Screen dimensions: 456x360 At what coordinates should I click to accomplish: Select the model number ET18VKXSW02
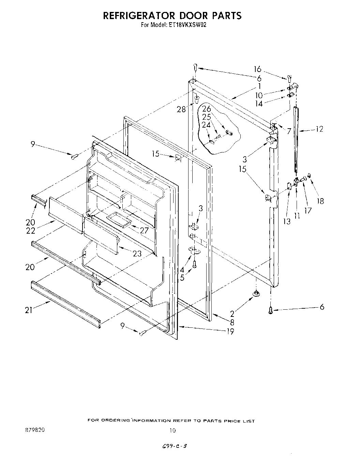click(x=187, y=25)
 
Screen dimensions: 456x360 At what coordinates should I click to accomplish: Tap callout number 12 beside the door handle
click(x=319, y=129)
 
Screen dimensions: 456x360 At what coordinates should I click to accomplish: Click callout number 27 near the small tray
click(x=144, y=230)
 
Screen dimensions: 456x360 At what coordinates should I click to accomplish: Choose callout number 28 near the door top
click(x=181, y=109)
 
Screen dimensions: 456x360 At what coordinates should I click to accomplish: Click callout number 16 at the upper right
click(x=257, y=69)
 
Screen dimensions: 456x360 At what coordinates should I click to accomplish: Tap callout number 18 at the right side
click(x=320, y=201)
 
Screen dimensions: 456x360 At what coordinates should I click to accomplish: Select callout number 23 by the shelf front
click(x=137, y=253)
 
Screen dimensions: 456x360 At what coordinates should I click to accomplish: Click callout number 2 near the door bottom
click(x=232, y=314)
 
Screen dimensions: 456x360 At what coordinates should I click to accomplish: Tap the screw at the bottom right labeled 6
click(x=271, y=310)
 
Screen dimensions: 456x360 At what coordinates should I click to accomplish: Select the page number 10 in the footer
click(x=172, y=430)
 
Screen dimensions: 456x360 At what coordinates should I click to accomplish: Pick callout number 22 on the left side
click(x=31, y=231)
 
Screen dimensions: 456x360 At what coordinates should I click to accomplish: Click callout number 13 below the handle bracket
click(x=287, y=221)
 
